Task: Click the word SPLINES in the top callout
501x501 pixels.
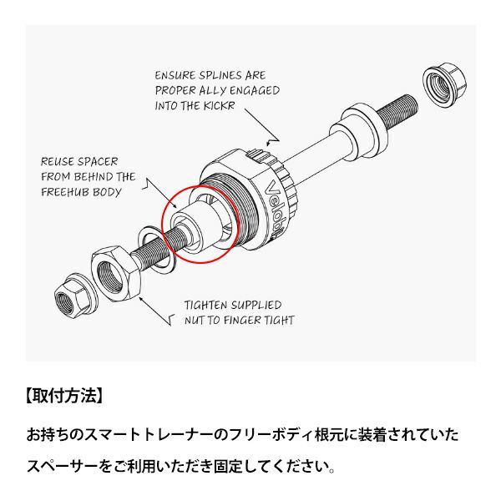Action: pyautogui.click(x=220, y=75)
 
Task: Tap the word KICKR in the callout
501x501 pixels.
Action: pyautogui.click(x=219, y=105)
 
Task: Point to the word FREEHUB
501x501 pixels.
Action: pyautogui.click(x=65, y=192)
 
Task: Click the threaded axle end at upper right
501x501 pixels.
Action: pyautogui.click(x=397, y=111)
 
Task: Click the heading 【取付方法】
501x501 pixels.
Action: pyautogui.click(x=64, y=396)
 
